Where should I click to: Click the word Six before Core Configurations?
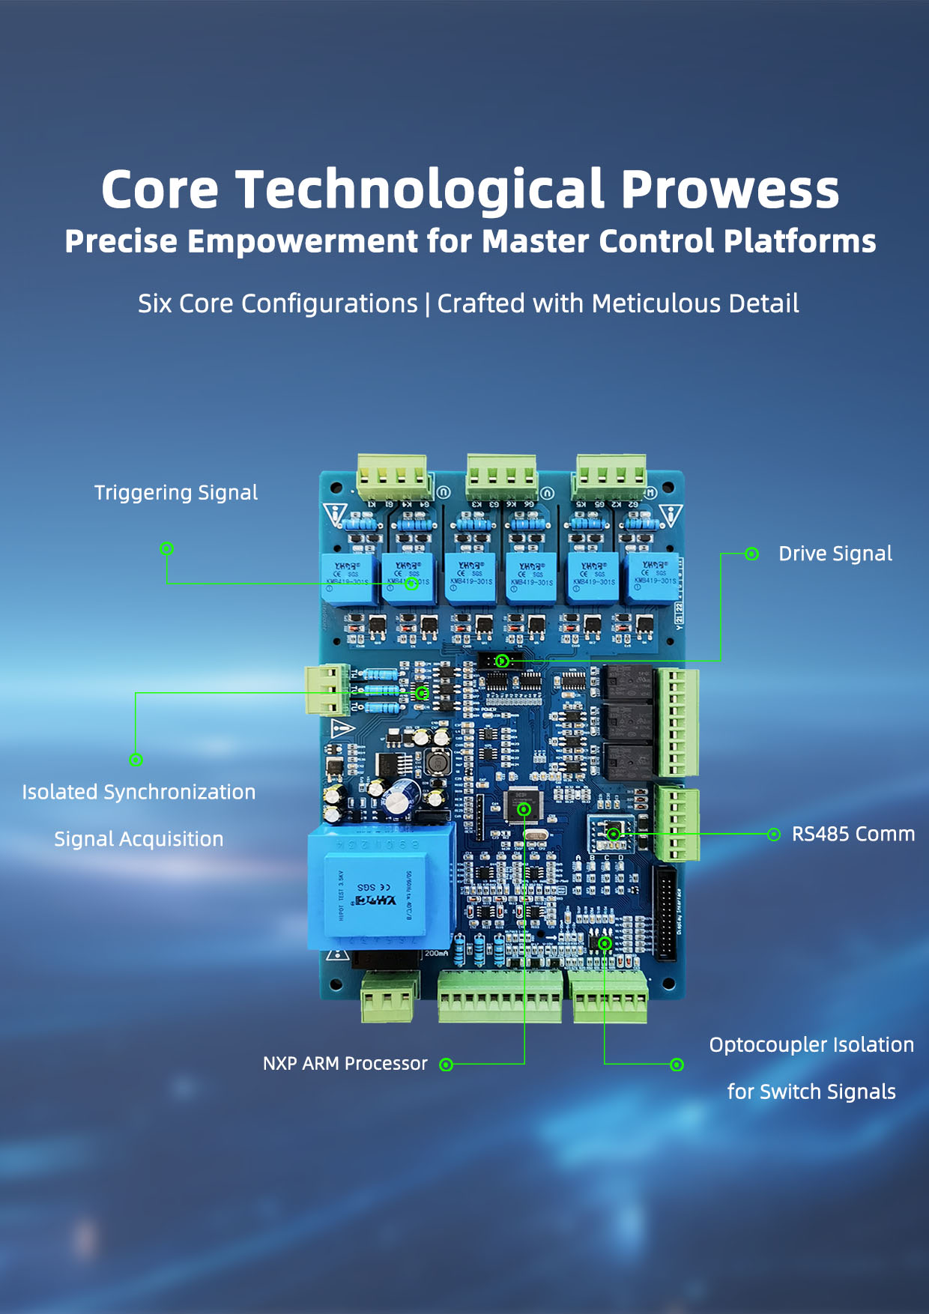coord(154,303)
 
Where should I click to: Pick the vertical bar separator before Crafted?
coord(428,304)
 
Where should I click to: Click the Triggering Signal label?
coord(176,492)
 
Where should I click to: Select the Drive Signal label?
coord(835,554)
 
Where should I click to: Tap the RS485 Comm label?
coord(853,834)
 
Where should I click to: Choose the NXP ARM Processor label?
coord(345,1064)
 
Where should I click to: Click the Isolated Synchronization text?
coord(139,792)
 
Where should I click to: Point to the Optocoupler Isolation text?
coord(811,1045)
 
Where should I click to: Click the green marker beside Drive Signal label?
coord(751,554)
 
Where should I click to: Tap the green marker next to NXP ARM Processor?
coord(447,1065)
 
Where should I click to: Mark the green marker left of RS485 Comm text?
coord(774,835)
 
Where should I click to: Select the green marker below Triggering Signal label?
coord(167,548)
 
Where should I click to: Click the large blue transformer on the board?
coord(381,887)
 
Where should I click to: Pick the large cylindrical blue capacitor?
coord(401,796)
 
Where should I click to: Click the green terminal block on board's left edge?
coord(327,689)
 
